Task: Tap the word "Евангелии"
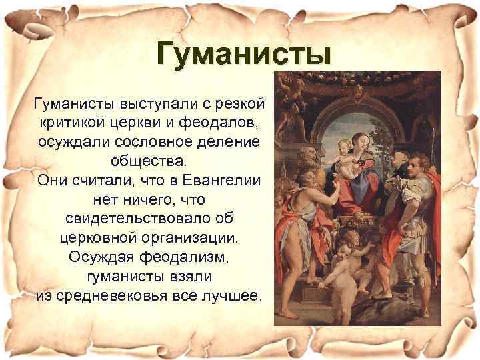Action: (225, 181)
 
